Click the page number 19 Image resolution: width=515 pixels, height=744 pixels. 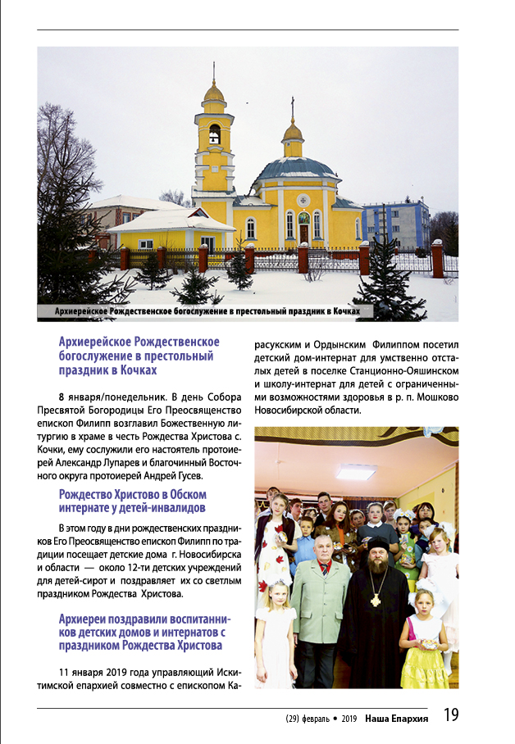(x=452, y=715)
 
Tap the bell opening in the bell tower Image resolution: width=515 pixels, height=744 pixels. (x=214, y=134)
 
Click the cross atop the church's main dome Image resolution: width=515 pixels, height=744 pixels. (x=293, y=106)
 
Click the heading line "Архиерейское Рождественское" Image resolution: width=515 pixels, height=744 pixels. (x=139, y=341)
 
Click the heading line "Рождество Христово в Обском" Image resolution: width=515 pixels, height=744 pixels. (x=132, y=494)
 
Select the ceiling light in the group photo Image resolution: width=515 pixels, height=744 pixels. (x=356, y=472)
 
